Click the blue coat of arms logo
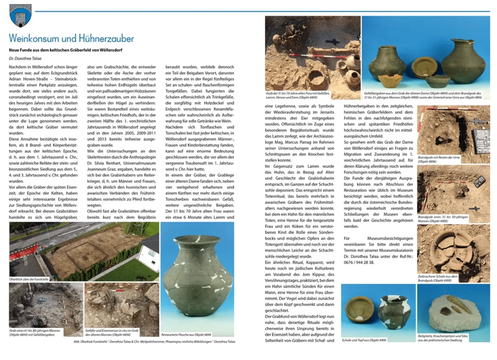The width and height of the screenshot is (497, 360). pos(20,15)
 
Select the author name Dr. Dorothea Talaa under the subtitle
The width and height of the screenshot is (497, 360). pos(25,58)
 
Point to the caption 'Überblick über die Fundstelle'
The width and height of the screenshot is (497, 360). pos(29,279)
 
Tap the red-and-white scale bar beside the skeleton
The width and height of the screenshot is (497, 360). pos(316,56)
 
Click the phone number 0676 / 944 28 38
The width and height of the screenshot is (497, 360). pos(359,262)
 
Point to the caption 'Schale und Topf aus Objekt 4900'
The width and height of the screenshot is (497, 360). pos(364,340)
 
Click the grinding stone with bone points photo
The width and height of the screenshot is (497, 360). pos(453,308)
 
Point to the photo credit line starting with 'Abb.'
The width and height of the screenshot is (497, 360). pos(154,341)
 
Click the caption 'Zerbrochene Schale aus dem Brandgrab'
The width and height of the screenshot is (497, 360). pos(437,278)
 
